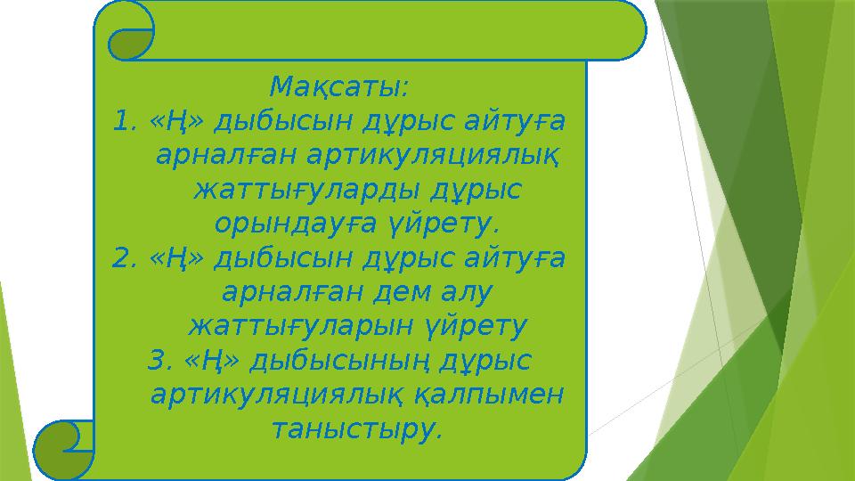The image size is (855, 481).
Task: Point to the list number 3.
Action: tap(159, 361)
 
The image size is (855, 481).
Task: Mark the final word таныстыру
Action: tap(355, 429)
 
